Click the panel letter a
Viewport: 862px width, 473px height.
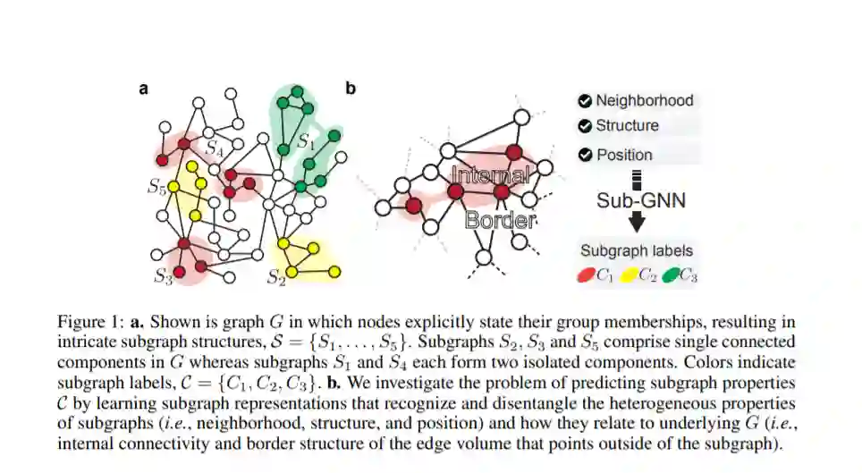point(143,89)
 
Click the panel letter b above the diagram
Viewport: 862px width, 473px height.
point(351,88)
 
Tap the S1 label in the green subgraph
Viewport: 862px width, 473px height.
point(306,140)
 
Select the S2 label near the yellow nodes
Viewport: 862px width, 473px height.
point(276,278)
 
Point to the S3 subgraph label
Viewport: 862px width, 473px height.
point(162,277)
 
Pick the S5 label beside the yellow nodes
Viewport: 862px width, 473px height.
point(156,188)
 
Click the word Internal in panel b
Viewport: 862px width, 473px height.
point(490,175)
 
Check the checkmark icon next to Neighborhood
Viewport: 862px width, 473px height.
point(585,101)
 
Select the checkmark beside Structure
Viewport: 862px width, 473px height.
point(585,126)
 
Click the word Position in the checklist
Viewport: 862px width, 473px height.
point(624,155)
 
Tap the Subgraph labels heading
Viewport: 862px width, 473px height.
point(636,251)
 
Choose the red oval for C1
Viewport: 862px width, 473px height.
point(587,275)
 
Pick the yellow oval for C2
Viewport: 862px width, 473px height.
point(630,275)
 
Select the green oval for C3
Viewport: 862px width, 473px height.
point(671,275)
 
